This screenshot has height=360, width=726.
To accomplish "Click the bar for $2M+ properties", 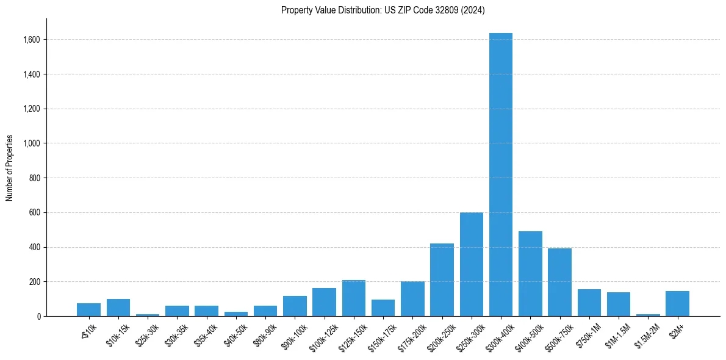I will point(677,304).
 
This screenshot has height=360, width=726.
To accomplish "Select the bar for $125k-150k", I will point(353,298).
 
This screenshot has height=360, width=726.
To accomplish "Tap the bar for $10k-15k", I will point(118,308).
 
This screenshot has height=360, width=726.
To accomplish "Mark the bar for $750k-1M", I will point(589,303).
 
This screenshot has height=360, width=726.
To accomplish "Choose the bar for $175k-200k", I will point(412,299).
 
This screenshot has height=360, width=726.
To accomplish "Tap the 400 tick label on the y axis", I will point(35,247).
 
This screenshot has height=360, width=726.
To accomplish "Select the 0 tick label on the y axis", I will point(38,317).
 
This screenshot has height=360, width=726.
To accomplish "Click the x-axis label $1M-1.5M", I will point(616,335).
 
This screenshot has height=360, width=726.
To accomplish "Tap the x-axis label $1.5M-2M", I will point(645,335).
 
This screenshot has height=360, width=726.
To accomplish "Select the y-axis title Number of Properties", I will point(10,168).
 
